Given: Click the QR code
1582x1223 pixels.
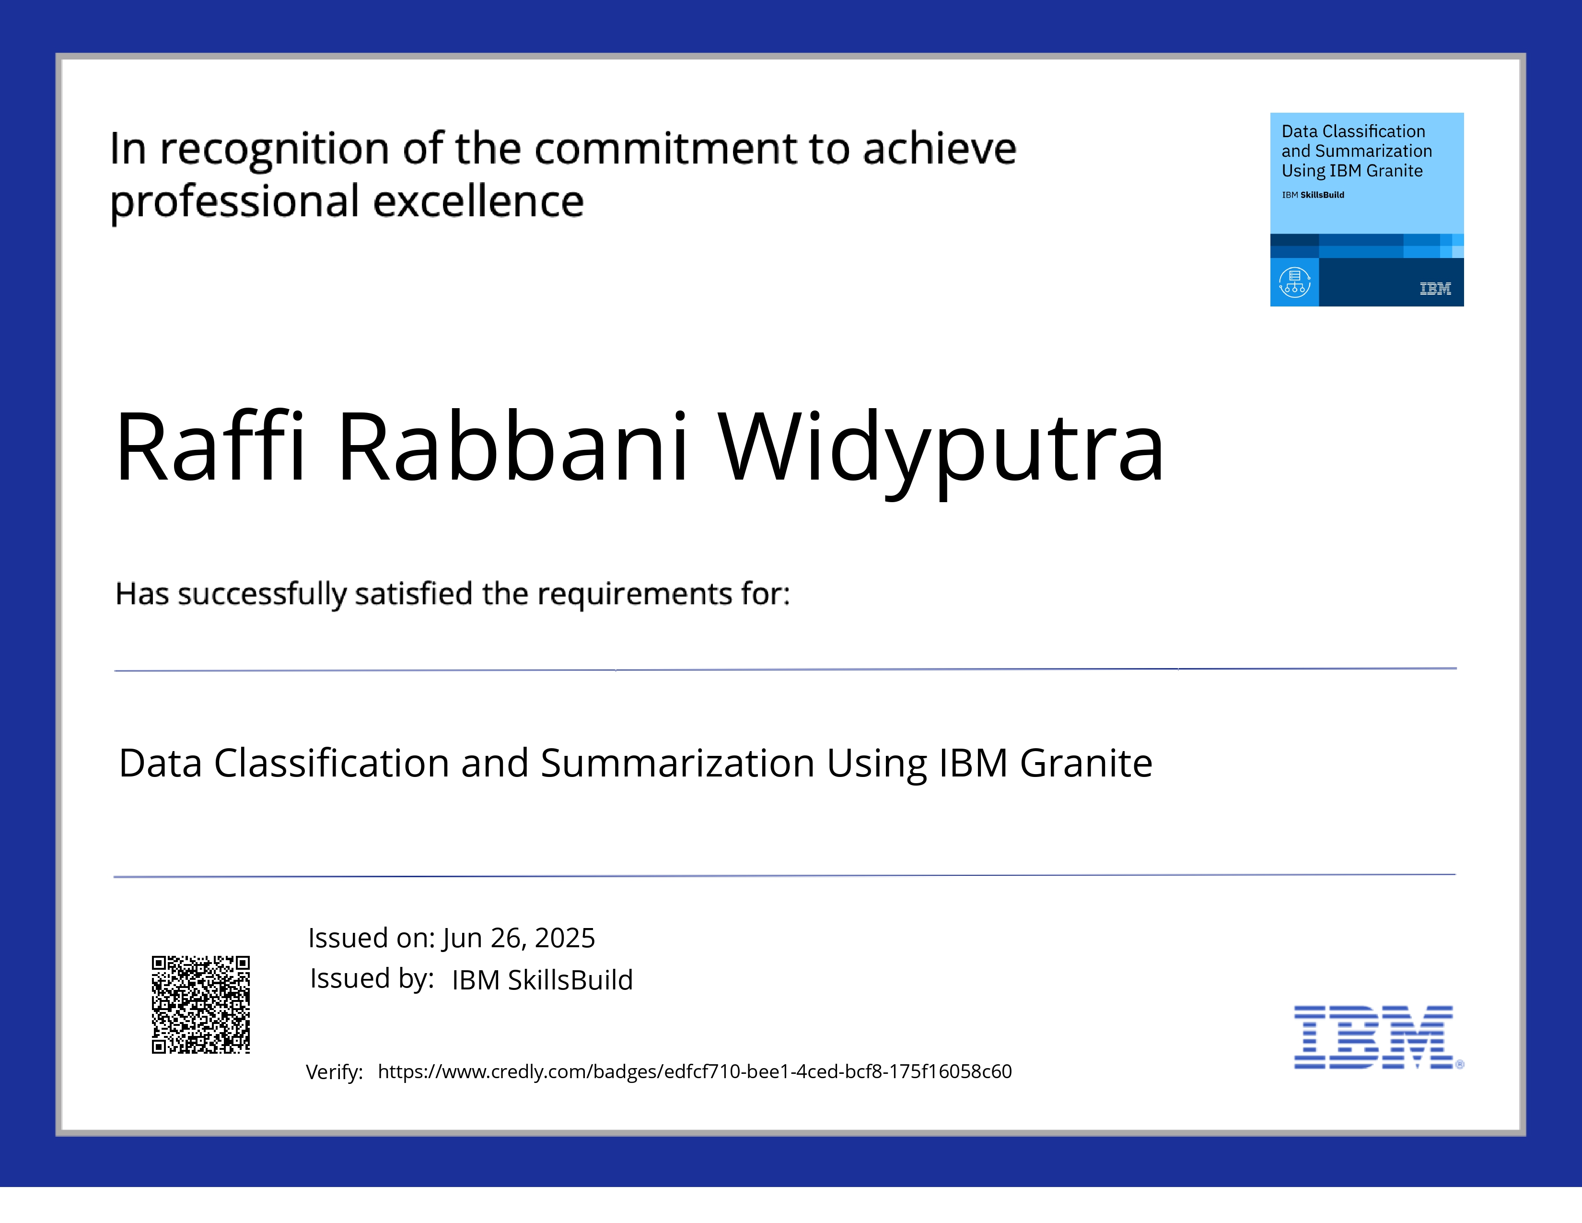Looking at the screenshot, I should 201,1004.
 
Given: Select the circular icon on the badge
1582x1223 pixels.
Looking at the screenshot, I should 1294,282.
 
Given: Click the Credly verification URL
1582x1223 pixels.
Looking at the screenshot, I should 695,1071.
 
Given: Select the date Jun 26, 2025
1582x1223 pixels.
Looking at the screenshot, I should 519,938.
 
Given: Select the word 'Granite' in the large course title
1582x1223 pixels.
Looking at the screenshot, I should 1086,763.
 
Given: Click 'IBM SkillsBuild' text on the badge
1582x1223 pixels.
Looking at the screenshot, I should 1313,195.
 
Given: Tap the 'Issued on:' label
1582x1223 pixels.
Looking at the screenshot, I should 371,938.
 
